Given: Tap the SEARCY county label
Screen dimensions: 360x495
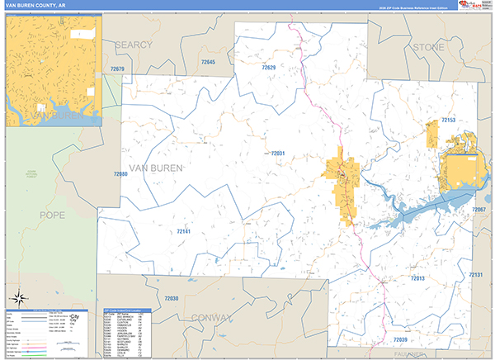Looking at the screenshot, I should pyautogui.click(x=134, y=44).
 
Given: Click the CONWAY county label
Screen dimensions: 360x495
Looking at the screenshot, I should pyautogui.click(x=212, y=317).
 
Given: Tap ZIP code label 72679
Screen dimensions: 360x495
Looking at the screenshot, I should pyautogui.click(x=116, y=69).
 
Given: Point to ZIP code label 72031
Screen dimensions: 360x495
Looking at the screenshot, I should pyautogui.click(x=277, y=154).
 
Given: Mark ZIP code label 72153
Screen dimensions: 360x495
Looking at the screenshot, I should pyautogui.click(x=448, y=121).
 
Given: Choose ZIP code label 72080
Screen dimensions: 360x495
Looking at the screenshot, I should pyautogui.click(x=120, y=174).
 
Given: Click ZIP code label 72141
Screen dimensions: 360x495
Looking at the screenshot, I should pyautogui.click(x=183, y=232).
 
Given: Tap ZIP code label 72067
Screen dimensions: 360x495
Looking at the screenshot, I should pyautogui.click(x=478, y=210).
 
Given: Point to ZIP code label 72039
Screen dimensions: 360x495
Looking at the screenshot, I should pyautogui.click(x=400, y=339).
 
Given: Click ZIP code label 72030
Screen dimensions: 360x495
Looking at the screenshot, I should pyautogui.click(x=171, y=298).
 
